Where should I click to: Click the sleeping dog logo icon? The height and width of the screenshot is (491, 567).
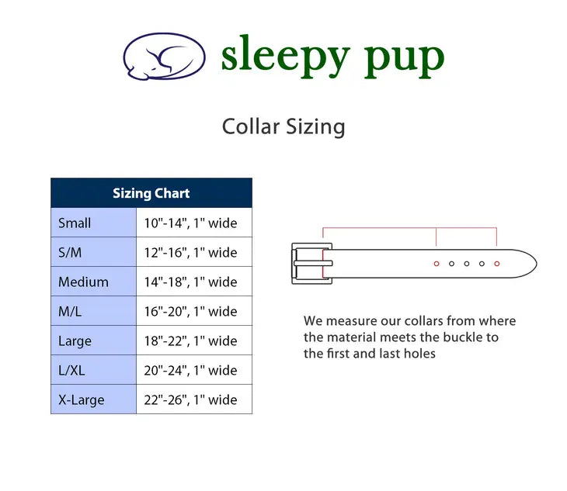tap(164, 57)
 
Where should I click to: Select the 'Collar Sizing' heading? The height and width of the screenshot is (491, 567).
tap(283, 126)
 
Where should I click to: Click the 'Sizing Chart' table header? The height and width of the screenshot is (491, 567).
tap(151, 193)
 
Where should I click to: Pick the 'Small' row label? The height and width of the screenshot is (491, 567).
tap(75, 223)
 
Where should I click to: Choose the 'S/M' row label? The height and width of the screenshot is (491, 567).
tap(70, 252)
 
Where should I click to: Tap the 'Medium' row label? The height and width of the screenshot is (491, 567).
tap(84, 282)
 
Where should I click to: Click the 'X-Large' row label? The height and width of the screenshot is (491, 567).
tap(82, 399)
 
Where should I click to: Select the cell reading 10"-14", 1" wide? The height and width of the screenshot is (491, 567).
tap(190, 223)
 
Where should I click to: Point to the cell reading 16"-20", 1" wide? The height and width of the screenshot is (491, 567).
tap(190, 311)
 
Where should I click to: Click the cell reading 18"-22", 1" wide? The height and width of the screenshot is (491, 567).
tap(190, 341)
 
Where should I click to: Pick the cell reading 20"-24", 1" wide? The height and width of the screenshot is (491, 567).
tap(190, 371)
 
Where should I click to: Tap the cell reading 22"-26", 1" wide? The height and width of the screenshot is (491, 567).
tap(190, 399)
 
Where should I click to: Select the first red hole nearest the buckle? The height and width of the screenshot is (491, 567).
tap(437, 264)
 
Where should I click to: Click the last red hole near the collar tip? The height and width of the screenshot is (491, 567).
tap(497, 264)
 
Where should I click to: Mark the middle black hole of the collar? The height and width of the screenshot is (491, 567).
tap(467, 264)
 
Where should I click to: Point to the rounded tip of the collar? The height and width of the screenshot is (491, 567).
tap(537, 264)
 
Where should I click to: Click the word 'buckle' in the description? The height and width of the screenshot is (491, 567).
tap(464, 337)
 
